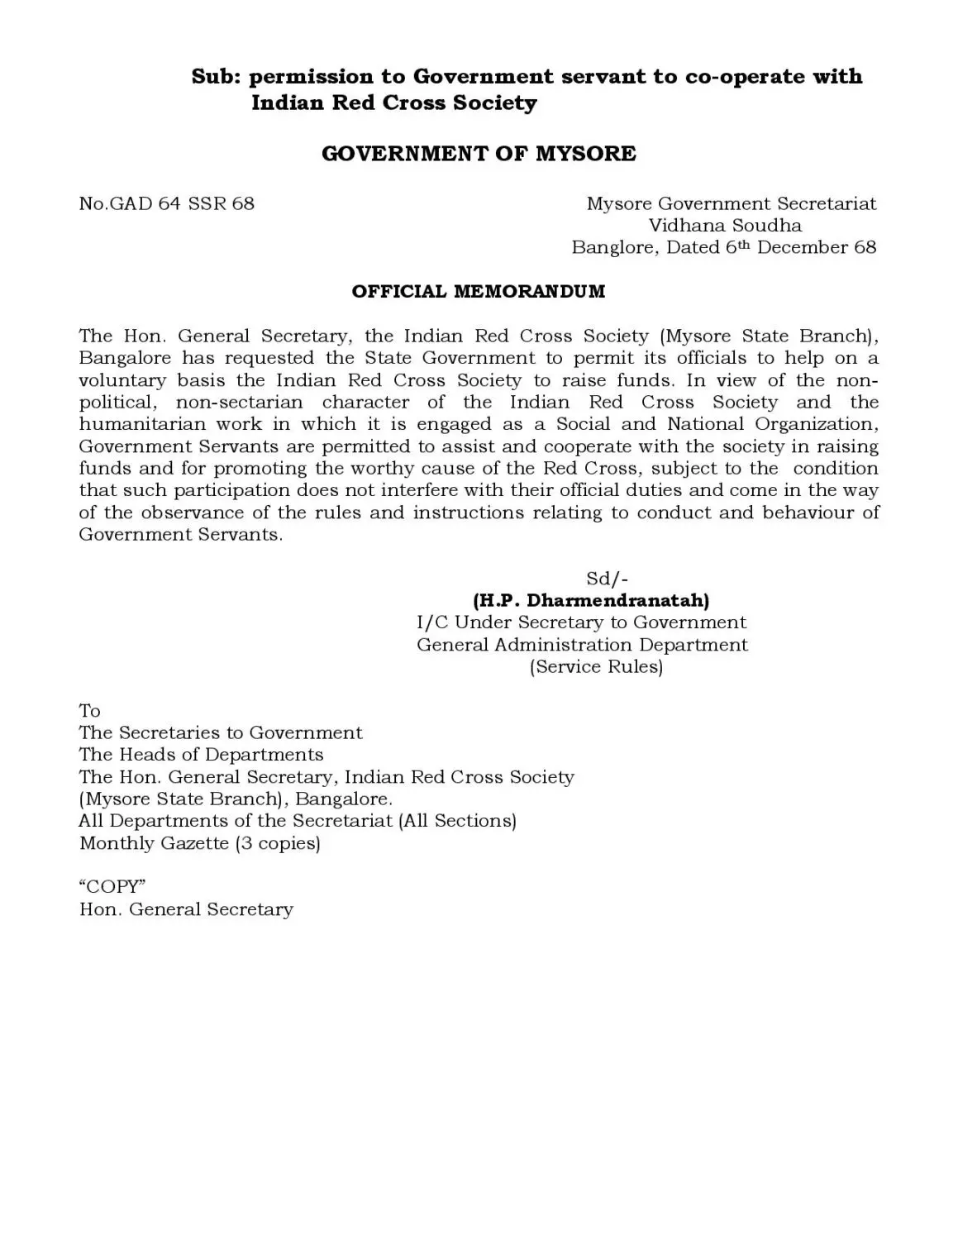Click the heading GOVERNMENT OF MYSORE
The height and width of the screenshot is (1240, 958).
pos(479,154)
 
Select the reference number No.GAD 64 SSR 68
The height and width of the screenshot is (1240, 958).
pos(166,203)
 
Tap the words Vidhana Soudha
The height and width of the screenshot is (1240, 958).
pos(725,225)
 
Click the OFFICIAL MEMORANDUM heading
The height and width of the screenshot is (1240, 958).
pos(479,292)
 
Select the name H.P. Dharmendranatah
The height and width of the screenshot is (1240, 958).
pos(591,600)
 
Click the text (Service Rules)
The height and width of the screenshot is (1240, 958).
pos(596,666)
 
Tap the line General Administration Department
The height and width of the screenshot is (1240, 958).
pos(582,645)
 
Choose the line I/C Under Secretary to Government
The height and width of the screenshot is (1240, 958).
pos(581,622)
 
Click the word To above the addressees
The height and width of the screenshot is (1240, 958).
pos(89,711)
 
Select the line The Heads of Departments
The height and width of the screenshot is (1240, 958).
pos(201,755)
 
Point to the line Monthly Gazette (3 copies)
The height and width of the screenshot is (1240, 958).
pos(199,843)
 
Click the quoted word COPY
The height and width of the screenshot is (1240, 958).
pos(112,887)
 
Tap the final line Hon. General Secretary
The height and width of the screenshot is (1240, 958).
pos(186,909)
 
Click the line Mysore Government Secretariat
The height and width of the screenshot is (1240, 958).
pos(732,203)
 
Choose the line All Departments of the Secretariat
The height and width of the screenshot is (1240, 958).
pos(297,821)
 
